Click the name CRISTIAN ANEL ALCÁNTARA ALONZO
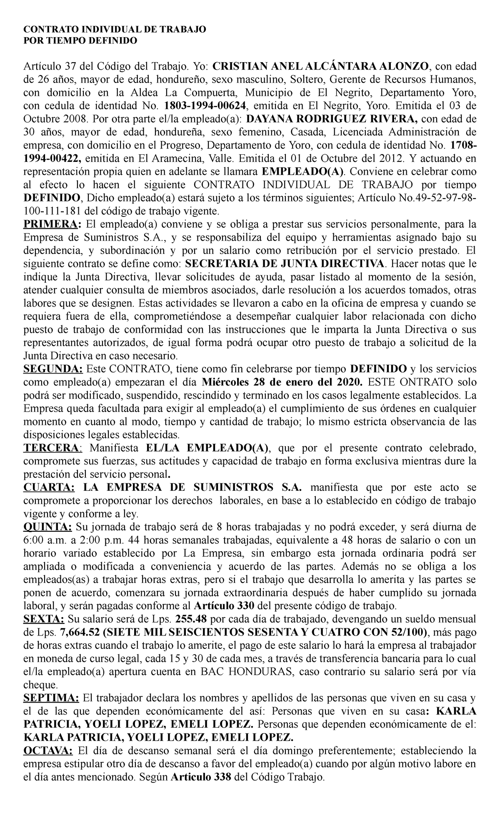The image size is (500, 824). pos(322,66)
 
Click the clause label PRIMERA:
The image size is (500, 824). pos(52,224)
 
